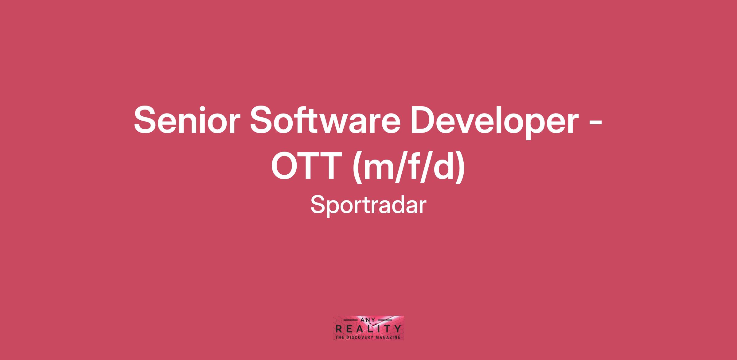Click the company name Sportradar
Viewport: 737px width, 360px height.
pos(368,205)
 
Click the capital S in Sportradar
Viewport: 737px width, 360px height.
pos(318,205)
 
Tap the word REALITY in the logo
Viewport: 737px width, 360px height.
pos(368,329)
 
